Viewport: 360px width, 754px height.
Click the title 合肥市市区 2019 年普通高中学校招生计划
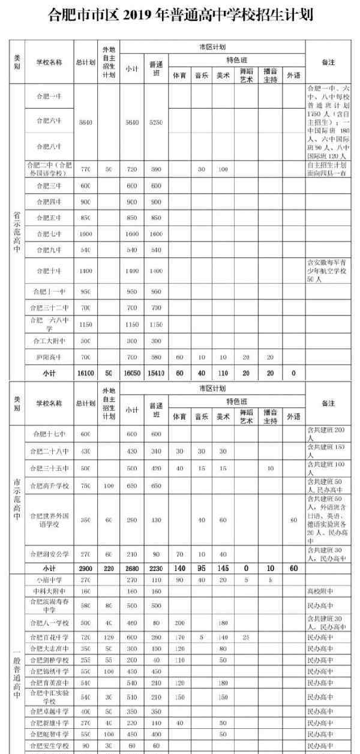181,15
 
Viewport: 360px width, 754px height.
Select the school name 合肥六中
48,121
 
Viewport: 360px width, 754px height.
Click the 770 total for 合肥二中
85,170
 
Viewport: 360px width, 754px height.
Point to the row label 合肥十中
48,271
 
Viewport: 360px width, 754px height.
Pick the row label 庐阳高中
48,357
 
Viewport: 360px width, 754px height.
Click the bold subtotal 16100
85,372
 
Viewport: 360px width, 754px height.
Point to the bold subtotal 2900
85,567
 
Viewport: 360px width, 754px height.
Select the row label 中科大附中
48,591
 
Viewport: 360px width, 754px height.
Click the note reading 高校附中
318,591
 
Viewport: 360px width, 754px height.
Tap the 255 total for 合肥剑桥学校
85,660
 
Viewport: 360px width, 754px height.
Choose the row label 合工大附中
48,341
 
